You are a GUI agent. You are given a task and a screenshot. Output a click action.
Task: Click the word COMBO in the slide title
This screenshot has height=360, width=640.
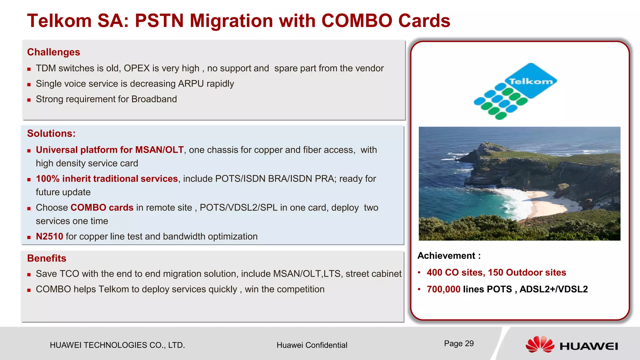[x=357, y=21]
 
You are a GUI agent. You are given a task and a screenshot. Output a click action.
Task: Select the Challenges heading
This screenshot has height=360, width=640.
[x=53, y=52]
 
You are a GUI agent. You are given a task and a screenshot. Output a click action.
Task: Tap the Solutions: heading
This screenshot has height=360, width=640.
[x=51, y=134]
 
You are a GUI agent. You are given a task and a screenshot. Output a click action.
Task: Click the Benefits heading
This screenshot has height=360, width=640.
[x=47, y=258]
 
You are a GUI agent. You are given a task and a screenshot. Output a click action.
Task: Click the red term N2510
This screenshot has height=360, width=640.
[x=49, y=237]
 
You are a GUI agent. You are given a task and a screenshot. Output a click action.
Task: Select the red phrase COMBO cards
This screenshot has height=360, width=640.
[x=102, y=208]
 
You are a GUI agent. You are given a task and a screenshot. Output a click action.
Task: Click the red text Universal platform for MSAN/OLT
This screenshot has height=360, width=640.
[x=110, y=150]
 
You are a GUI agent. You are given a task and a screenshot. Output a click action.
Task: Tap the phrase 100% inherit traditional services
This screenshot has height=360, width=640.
[x=107, y=179]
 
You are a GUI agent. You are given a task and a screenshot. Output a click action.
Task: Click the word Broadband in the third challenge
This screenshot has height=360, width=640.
[x=154, y=99]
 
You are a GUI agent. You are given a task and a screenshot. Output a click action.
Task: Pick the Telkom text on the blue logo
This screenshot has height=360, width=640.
[x=531, y=82]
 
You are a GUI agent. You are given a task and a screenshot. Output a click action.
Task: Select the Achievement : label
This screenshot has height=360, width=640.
[x=449, y=256]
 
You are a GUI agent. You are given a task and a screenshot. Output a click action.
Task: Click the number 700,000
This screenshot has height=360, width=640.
[x=443, y=289]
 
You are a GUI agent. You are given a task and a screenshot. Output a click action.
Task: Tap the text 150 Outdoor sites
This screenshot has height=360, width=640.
[x=527, y=272]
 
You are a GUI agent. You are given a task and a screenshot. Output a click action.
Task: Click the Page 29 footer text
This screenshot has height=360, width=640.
[x=459, y=344]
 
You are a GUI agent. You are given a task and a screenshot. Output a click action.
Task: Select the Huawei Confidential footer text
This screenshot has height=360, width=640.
[x=312, y=345]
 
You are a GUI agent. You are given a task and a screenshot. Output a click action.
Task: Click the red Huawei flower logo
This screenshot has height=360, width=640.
[x=540, y=345]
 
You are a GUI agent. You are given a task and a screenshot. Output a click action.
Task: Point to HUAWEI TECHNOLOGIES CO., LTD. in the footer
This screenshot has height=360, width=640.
[x=117, y=345]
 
